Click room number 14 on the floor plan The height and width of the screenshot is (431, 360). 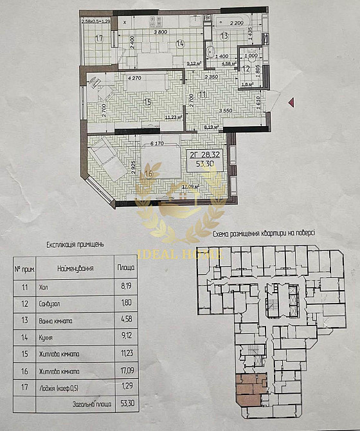(x=180, y=43)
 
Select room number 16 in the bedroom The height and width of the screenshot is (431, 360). (x=149, y=172)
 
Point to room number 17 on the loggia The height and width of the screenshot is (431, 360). (x=99, y=39)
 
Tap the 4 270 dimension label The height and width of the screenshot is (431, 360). (x=134, y=78)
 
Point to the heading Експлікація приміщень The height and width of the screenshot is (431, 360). (x=76, y=244)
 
